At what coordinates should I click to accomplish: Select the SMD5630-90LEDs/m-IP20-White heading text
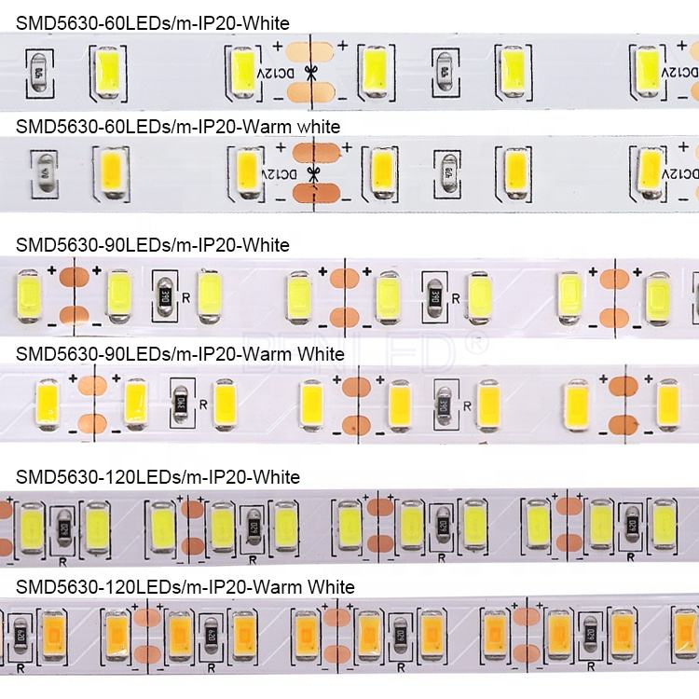click(153, 245)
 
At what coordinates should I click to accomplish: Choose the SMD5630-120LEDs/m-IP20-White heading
click(158, 477)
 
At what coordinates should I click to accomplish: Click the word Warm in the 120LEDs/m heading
click(273, 587)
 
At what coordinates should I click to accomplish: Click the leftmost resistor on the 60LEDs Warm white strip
click(41, 171)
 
